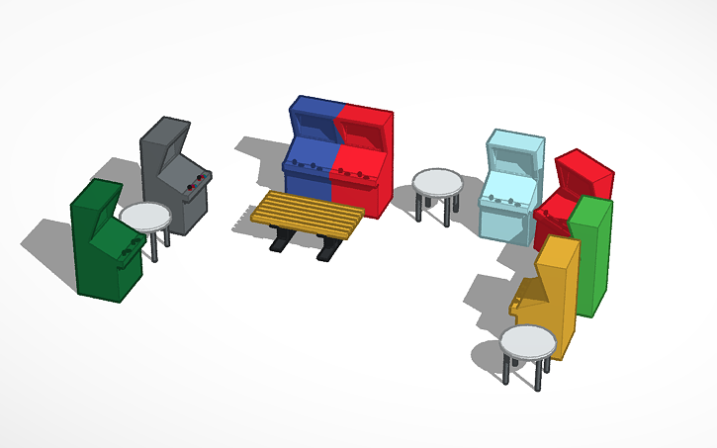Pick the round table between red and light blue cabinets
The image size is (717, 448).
pyautogui.click(x=436, y=183)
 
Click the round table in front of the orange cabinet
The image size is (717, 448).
pyautogui.click(x=527, y=342)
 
